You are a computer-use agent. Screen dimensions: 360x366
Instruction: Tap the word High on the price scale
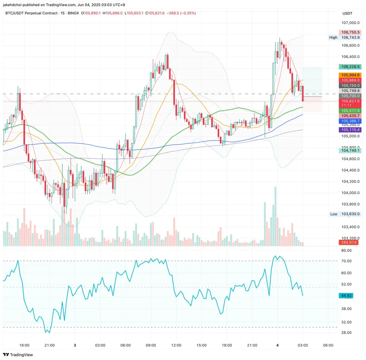pos(333,37)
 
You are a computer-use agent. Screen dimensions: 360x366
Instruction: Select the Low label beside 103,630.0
pos(333,214)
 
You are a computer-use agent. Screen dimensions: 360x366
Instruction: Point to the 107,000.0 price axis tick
pos(351,23)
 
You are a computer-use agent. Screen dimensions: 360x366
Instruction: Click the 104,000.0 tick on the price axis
pos(351,193)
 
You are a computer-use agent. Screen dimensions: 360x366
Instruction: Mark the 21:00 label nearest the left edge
pos(49,345)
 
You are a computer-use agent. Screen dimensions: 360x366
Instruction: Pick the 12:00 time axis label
pos(176,345)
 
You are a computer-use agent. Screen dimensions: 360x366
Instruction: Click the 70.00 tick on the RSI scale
pos(347,261)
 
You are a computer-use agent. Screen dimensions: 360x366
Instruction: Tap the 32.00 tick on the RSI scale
pos(347,322)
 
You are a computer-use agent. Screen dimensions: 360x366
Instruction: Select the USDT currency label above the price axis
pos(347,13)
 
